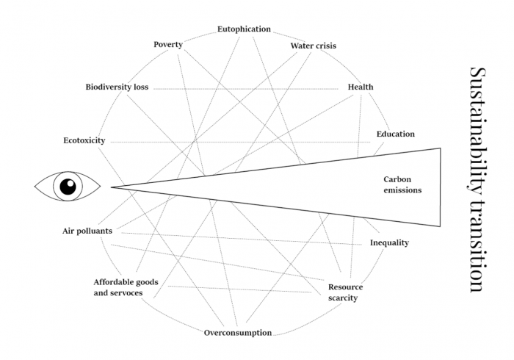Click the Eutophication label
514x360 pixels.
(245, 29)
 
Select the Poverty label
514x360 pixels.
(168, 44)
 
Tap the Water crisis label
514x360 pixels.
(314, 46)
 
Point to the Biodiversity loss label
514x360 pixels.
(117, 87)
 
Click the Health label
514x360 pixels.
(361, 87)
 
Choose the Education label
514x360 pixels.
(396, 134)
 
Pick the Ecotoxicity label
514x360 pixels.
(84, 140)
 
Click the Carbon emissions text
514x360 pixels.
(402, 184)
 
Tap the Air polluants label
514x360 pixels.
(87, 231)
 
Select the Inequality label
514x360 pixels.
(389, 242)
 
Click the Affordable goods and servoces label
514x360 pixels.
(126, 287)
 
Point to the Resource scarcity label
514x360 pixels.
(346, 292)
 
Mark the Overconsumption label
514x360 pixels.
(238, 333)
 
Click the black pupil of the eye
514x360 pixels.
(68, 187)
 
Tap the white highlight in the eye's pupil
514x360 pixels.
(70, 183)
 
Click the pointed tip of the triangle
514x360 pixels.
(111, 187)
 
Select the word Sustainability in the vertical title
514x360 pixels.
(477, 128)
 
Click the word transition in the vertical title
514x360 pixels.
(477, 245)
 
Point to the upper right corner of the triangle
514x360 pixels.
(441, 148)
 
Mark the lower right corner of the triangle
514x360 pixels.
(441, 226)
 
